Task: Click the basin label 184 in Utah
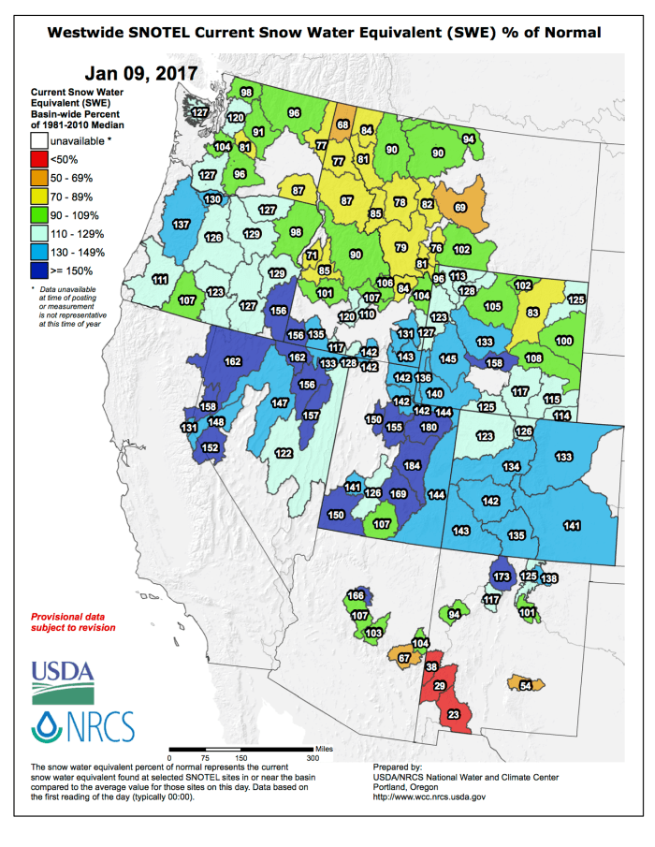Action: [411, 466]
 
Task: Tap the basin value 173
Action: [502, 577]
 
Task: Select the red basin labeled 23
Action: [454, 715]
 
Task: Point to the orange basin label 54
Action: [526, 686]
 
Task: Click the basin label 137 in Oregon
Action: [182, 225]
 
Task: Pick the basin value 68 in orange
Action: [343, 124]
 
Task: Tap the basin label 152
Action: [210, 448]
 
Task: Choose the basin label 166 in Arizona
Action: [356, 596]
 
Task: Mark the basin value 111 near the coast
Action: [160, 280]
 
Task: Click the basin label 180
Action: [429, 427]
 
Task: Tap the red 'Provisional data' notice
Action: [74, 622]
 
